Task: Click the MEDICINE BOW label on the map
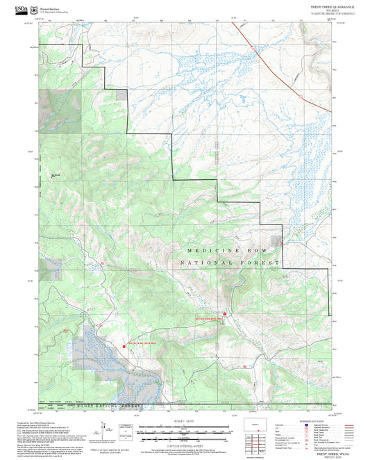tap(223, 249)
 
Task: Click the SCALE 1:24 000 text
tap(185, 421)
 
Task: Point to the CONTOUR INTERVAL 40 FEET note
tap(185, 444)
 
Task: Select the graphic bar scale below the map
tap(185, 432)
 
